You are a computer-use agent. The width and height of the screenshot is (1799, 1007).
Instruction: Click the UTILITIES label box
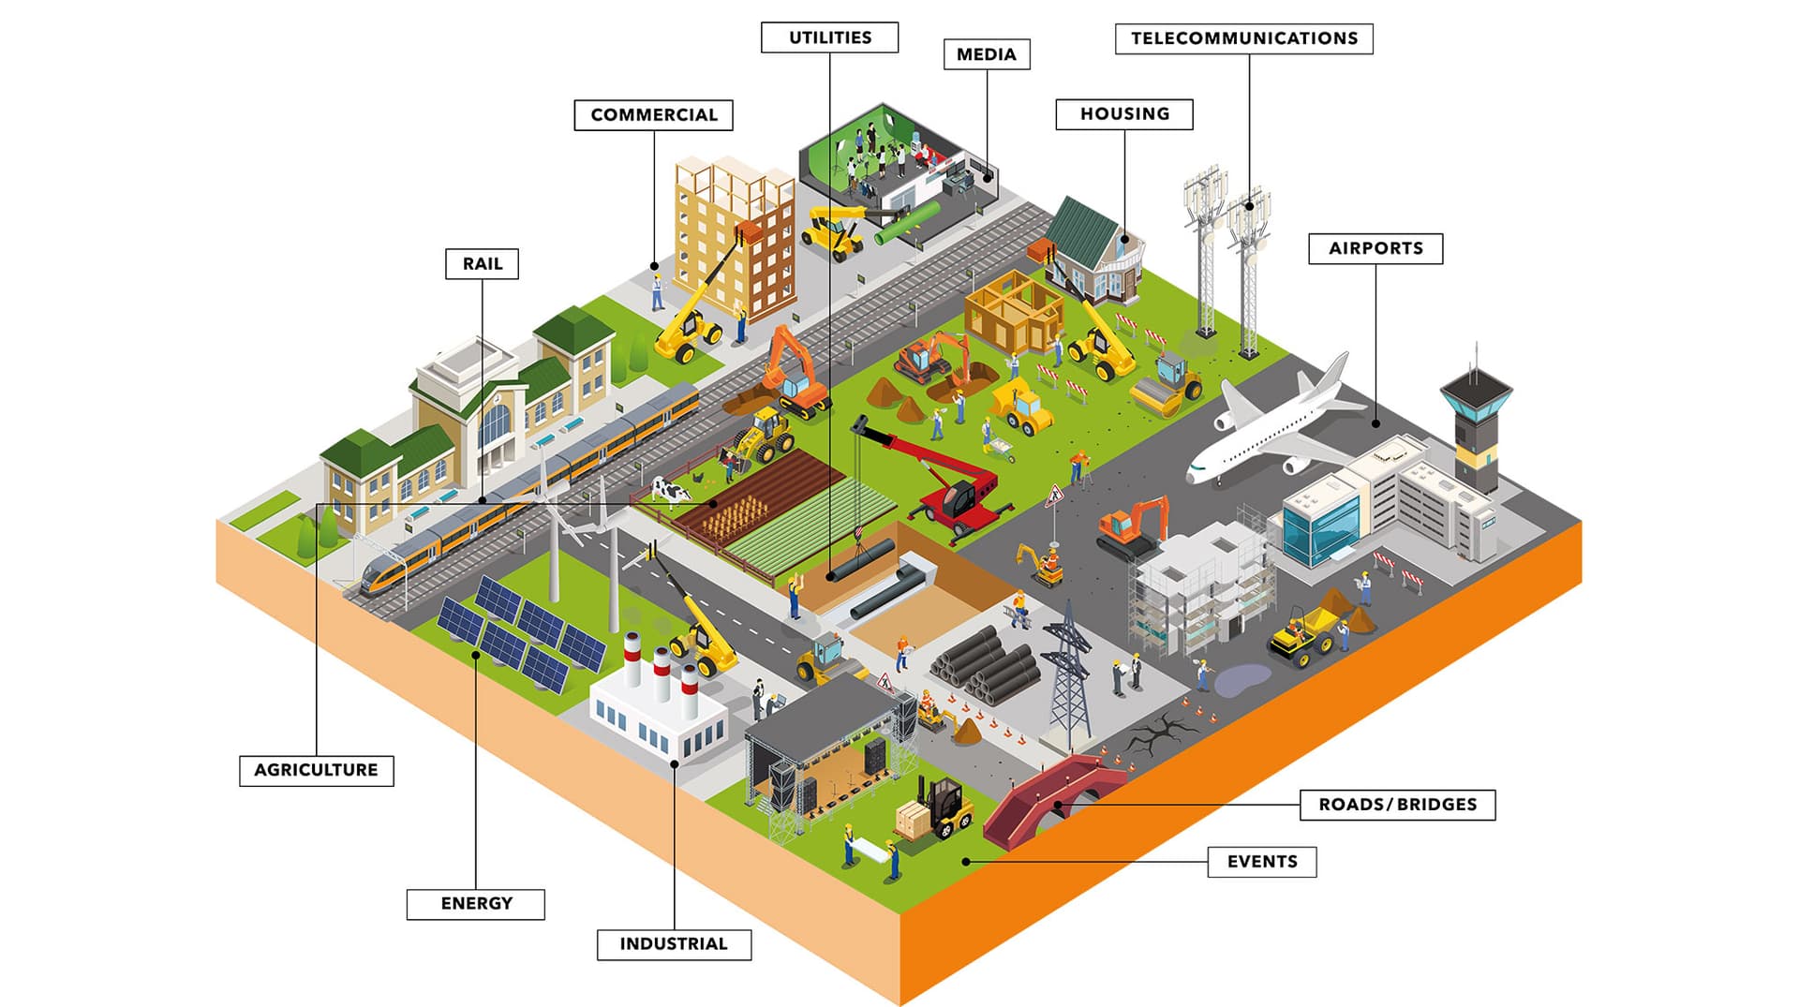829,37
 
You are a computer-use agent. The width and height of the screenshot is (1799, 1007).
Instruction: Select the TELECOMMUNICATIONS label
1243,38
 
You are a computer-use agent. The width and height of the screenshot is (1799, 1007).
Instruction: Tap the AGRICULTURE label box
316,770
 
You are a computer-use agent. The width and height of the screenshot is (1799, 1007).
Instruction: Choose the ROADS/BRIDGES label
1396,805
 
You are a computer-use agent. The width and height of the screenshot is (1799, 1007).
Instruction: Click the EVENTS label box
1261,862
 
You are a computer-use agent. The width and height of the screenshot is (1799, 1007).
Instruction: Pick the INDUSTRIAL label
673,944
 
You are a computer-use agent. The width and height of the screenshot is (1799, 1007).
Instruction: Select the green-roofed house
1092,248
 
